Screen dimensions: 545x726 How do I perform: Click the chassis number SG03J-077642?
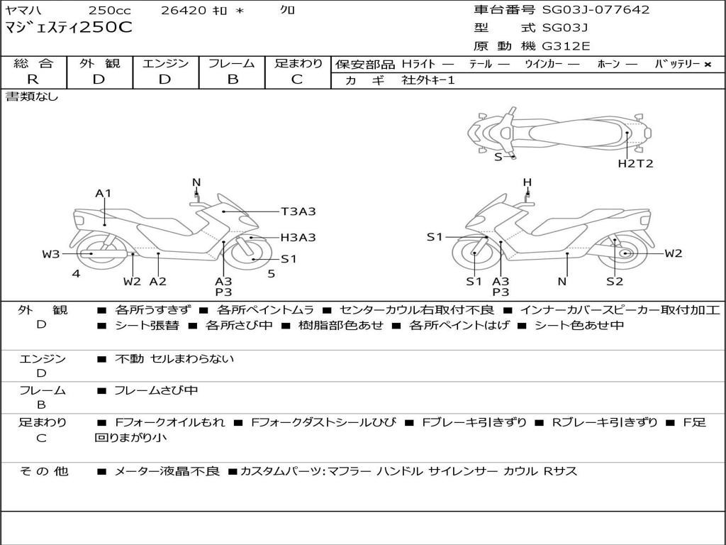[x=596, y=10]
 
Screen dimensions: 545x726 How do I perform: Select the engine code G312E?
[x=566, y=46]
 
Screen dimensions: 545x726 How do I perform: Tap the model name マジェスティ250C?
[x=69, y=28]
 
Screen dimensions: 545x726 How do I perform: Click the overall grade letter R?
[x=33, y=79]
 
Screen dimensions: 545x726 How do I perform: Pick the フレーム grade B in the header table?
[x=232, y=79]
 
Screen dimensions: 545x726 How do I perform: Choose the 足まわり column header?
[x=298, y=63]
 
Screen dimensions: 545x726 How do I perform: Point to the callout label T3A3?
[x=298, y=211]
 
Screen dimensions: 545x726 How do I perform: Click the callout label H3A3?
[x=298, y=238]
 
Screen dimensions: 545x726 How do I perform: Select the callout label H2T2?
[x=635, y=163]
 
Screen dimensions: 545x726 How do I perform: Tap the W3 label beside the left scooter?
[x=51, y=253]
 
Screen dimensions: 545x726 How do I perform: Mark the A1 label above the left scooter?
[x=104, y=193]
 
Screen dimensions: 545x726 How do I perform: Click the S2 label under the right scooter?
[x=615, y=281]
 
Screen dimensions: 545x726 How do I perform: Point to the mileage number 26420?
[x=183, y=10]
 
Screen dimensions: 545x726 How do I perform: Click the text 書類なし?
[x=33, y=97]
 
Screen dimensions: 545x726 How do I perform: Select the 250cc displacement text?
[x=104, y=10]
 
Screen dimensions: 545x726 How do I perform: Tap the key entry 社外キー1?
[x=428, y=80]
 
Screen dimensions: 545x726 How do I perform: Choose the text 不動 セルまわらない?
[x=174, y=359]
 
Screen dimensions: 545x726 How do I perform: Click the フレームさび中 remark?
[x=156, y=390]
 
